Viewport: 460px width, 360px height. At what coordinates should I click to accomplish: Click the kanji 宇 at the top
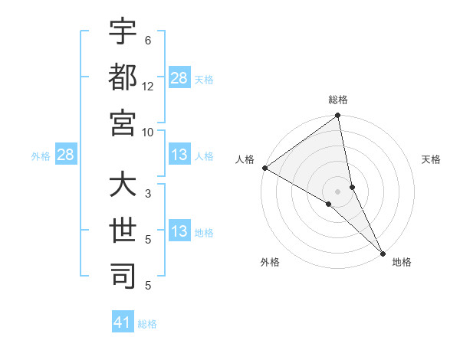[x=123, y=32]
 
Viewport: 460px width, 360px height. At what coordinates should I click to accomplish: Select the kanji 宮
[x=123, y=123]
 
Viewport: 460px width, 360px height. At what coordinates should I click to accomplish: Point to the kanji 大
[x=123, y=185]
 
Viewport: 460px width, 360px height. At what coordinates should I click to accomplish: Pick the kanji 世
[x=123, y=230]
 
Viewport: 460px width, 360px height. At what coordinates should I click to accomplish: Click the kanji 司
[x=123, y=276]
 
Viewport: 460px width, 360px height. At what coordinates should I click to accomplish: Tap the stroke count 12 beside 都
[x=148, y=87]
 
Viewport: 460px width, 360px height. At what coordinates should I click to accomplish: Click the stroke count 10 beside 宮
[x=148, y=132]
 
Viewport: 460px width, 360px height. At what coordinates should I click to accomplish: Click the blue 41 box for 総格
[x=123, y=323]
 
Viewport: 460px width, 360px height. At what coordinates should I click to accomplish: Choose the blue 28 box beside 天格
[x=179, y=79]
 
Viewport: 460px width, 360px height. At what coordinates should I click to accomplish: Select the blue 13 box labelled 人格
[x=179, y=155]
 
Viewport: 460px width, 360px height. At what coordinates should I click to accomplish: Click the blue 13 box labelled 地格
[x=179, y=232]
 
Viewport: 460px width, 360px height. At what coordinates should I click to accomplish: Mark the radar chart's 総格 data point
[x=337, y=117]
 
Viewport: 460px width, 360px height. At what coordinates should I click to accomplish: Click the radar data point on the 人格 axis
[x=264, y=168]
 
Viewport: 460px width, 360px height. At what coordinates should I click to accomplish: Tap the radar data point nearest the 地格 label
[x=383, y=254]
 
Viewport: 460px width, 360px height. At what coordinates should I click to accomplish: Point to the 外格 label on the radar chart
[x=270, y=263]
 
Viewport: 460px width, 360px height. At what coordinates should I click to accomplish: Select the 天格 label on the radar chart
[x=431, y=159]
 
